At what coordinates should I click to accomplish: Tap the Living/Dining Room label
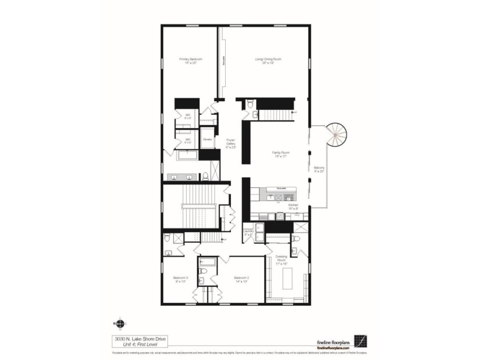pyautogui.click(x=267, y=61)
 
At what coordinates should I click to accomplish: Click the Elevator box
pyautogui.click(x=208, y=139)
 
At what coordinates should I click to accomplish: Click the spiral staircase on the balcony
pyautogui.click(x=334, y=136)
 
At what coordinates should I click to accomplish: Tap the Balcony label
pyautogui.click(x=319, y=169)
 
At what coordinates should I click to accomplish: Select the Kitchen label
pyautogui.click(x=293, y=206)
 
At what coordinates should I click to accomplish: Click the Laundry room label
pyautogui.click(x=248, y=233)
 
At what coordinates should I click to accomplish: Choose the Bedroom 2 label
pyautogui.click(x=241, y=280)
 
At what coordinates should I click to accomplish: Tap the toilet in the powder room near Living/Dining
pyautogui.click(x=250, y=103)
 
